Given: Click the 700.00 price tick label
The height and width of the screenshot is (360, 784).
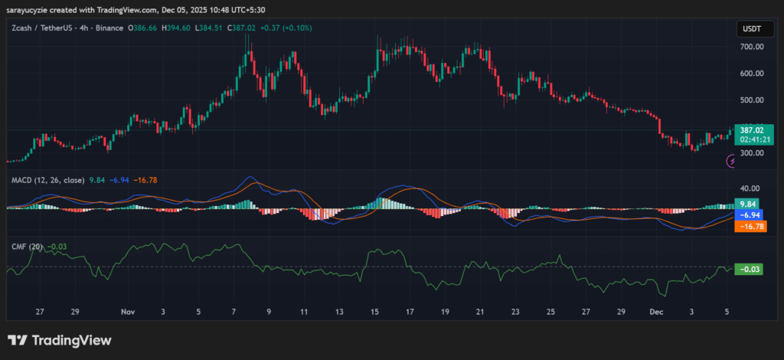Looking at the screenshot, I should (752, 47).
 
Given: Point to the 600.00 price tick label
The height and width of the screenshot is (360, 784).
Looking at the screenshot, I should (752, 74).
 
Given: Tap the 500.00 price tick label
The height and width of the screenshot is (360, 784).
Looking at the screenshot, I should (752, 100).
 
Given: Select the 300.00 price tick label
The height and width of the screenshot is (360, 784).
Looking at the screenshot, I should (752, 153).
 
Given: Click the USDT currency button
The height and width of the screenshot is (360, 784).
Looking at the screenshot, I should (750, 28).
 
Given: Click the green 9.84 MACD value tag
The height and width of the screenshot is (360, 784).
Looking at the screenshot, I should (746, 205).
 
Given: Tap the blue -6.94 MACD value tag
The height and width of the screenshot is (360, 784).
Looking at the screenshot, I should (746, 216).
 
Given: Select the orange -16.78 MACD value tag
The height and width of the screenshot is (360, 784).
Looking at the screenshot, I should (746, 227).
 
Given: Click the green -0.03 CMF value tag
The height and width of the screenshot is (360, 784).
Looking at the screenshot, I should (746, 269).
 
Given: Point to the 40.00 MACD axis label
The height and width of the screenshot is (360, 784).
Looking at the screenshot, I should (750, 188).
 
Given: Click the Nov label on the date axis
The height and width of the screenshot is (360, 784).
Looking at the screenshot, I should (127, 313).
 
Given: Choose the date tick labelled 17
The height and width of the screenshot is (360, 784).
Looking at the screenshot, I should (410, 313).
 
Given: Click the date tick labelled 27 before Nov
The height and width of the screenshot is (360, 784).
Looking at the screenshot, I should (40, 313).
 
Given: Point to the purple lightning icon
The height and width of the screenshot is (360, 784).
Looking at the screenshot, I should (732, 161).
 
